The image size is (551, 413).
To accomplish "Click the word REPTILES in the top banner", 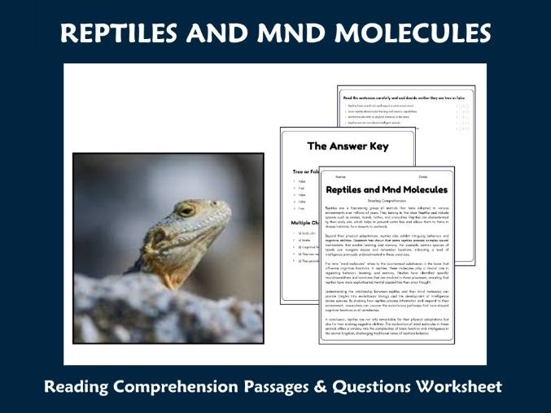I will pos(138,33).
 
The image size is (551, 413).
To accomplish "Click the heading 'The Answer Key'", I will pos(348,147).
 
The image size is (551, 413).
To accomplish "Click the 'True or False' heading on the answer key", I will pos(305,172).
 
